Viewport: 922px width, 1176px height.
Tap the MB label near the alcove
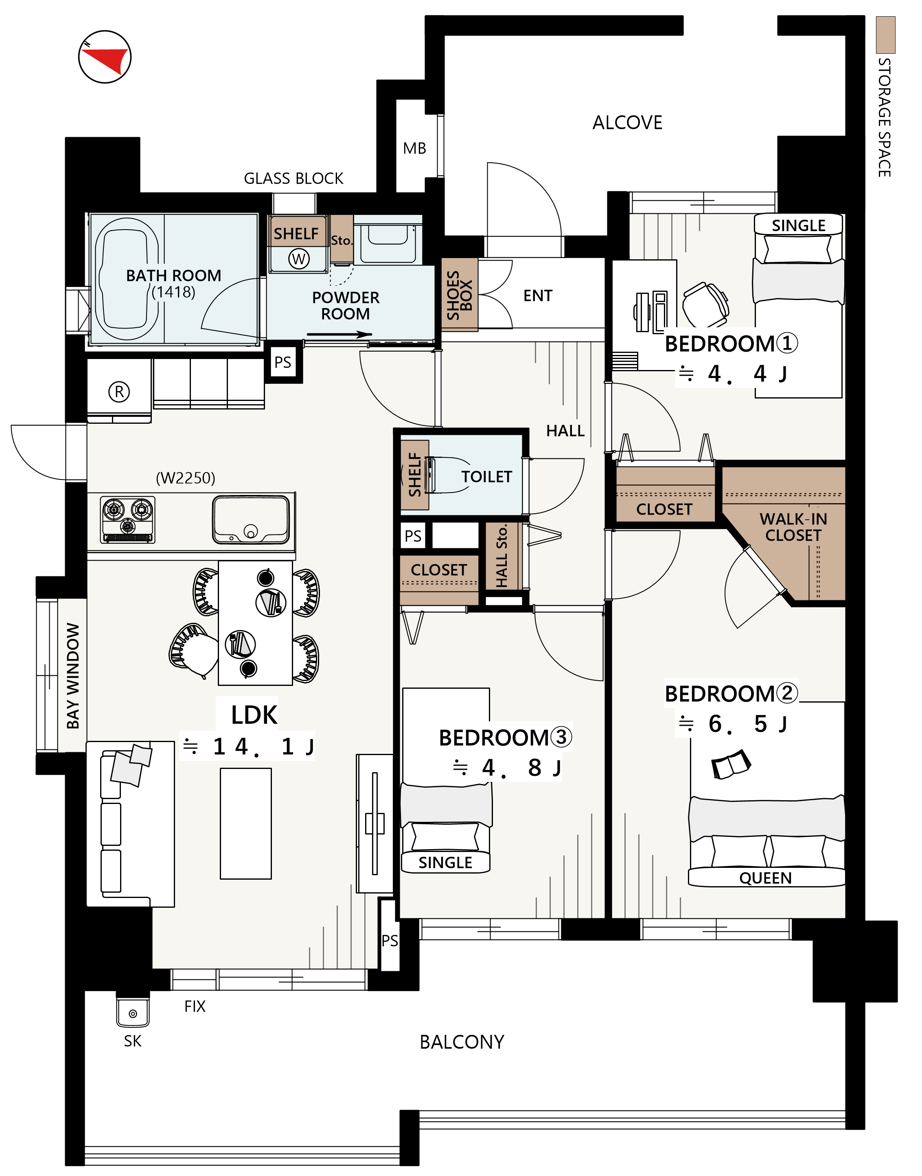point(414,149)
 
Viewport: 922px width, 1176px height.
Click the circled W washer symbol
point(298,259)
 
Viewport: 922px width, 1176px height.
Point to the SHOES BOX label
point(460,295)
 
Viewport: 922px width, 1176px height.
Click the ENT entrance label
point(538,296)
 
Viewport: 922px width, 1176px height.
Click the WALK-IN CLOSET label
point(793,527)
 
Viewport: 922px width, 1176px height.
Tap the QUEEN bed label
point(765,878)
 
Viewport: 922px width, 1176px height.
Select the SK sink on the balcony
point(133,1012)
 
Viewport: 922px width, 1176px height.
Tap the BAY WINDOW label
point(73,676)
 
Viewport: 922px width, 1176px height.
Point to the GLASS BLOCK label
point(293,179)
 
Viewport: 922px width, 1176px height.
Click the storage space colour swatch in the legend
point(885,35)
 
